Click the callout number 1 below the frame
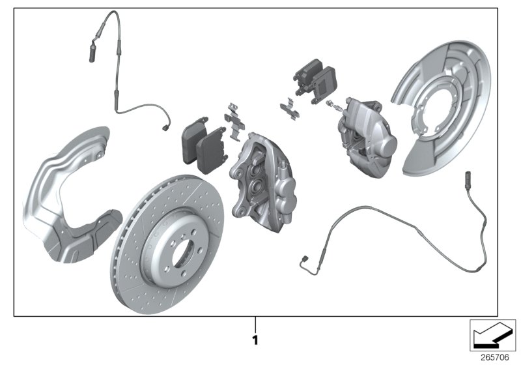(255, 340)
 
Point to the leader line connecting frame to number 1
(255, 324)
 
